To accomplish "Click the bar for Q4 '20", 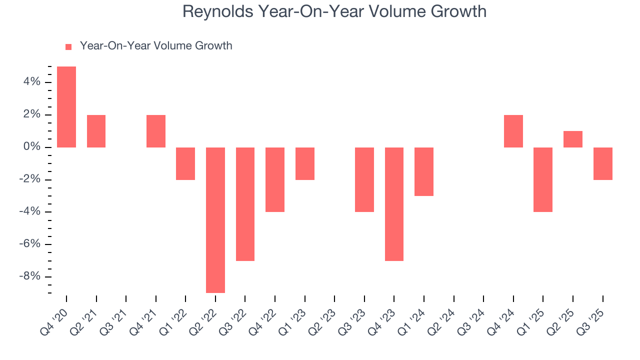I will coord(66,107).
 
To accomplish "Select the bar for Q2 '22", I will coord(215,220).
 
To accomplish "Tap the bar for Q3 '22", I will coord(245,204).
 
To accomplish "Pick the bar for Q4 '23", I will coord(394,204).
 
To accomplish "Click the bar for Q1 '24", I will coord(424,171).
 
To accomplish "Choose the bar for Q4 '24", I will coord(513,131).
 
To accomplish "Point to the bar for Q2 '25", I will coord(573,139).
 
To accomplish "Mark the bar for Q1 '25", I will coord(543,179).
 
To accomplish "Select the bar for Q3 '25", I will coord(603,163).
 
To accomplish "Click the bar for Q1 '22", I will coord(185,163).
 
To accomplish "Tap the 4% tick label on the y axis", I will coord(31,82).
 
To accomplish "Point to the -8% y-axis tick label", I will coord(29,277).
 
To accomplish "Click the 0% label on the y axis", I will coord(31,147).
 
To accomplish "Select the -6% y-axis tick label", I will coord(29,244).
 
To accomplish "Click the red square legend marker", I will coord(69,46).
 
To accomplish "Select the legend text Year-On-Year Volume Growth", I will coord(156,46).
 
